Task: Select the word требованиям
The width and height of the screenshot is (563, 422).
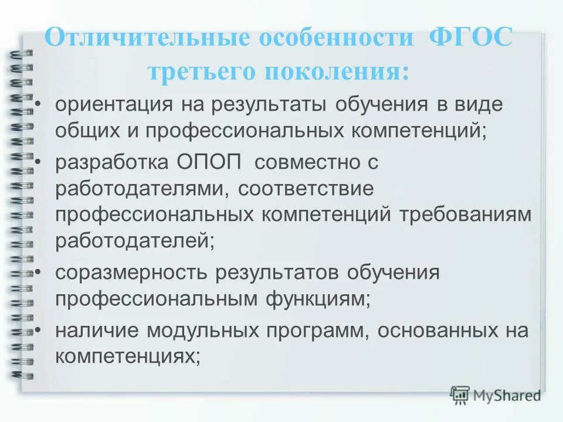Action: [x=466, y=215]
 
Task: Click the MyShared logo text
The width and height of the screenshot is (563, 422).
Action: [x=506, y=395]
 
